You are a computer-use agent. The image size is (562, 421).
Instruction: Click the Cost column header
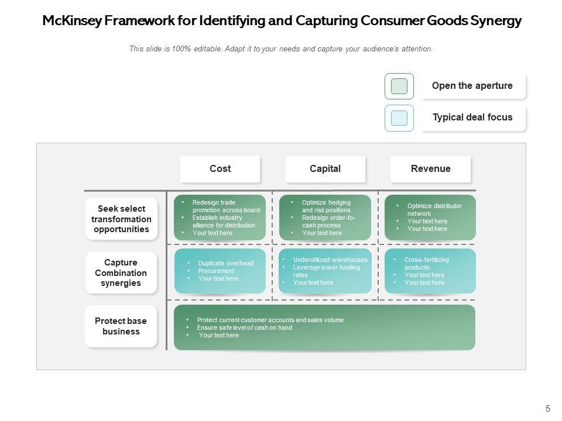pos(220,169)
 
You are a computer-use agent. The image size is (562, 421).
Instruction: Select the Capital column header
pos(325,169)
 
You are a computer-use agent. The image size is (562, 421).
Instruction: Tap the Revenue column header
pos(431,169)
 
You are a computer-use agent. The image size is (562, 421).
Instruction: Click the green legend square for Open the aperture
pos(399,86)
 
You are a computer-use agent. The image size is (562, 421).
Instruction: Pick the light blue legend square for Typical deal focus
pos(399,118)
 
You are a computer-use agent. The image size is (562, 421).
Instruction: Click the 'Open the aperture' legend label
pos(472,86)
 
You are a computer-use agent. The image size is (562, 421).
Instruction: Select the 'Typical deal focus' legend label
pos(472,118)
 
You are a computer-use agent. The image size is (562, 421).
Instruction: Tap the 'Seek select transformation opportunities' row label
pos(121,219)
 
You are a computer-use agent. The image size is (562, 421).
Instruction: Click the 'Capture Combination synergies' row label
pos(121,272)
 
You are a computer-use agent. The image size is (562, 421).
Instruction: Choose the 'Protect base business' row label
pos(121,326)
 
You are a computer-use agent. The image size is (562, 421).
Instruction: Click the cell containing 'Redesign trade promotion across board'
pos(220,217)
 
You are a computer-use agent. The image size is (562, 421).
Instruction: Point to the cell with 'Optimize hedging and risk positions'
pos(325,217)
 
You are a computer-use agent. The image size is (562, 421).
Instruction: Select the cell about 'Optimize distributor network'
pos(430,217)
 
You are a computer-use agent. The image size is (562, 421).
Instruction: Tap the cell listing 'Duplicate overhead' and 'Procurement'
pos(220,271)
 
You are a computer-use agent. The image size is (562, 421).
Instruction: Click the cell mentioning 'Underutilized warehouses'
pos(325,271)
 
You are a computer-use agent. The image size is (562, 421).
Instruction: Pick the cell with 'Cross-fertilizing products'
pos(430,271)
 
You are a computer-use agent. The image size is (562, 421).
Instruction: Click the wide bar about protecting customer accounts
pos(325,327)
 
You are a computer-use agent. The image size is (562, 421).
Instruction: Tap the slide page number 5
pos(548,409)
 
